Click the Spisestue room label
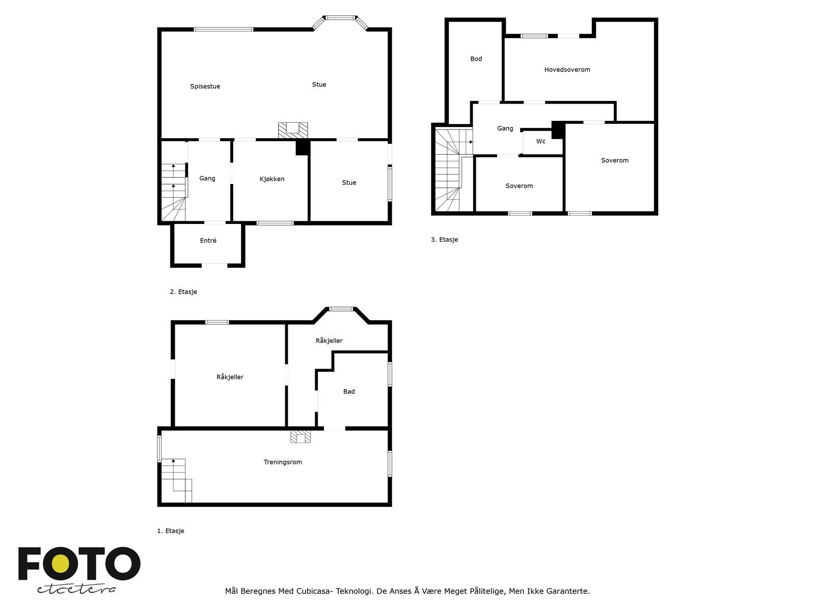pyautogui.click(x=205, y=87)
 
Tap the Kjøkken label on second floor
pyautogui.click(x=272, y=179)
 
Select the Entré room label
pyautogui.click(x=208, y=241)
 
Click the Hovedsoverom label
pyautogui.click(x=567, y=70)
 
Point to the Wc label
pyautogui.click(x=541, y=141)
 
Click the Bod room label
pyautogui.click(x=476, y=59)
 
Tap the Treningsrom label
pyautogui.click(x=283, y=463)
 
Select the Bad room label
pyautogui.click(x=349, y=392)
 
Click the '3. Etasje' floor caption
pyautogui.click(x=444, y=240)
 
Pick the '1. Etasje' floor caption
pyautogui.click(x=171, y=531)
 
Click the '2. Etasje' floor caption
pyautogui.click(x=183, y=292)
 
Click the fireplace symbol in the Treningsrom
pyautogui.click(x=301, y=437)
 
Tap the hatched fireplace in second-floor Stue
pyautogui.click(x=293, y=130)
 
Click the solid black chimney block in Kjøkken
pyautogui.click(x=303, y=147)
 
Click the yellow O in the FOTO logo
pyautogui.click(x=61, y=564)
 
